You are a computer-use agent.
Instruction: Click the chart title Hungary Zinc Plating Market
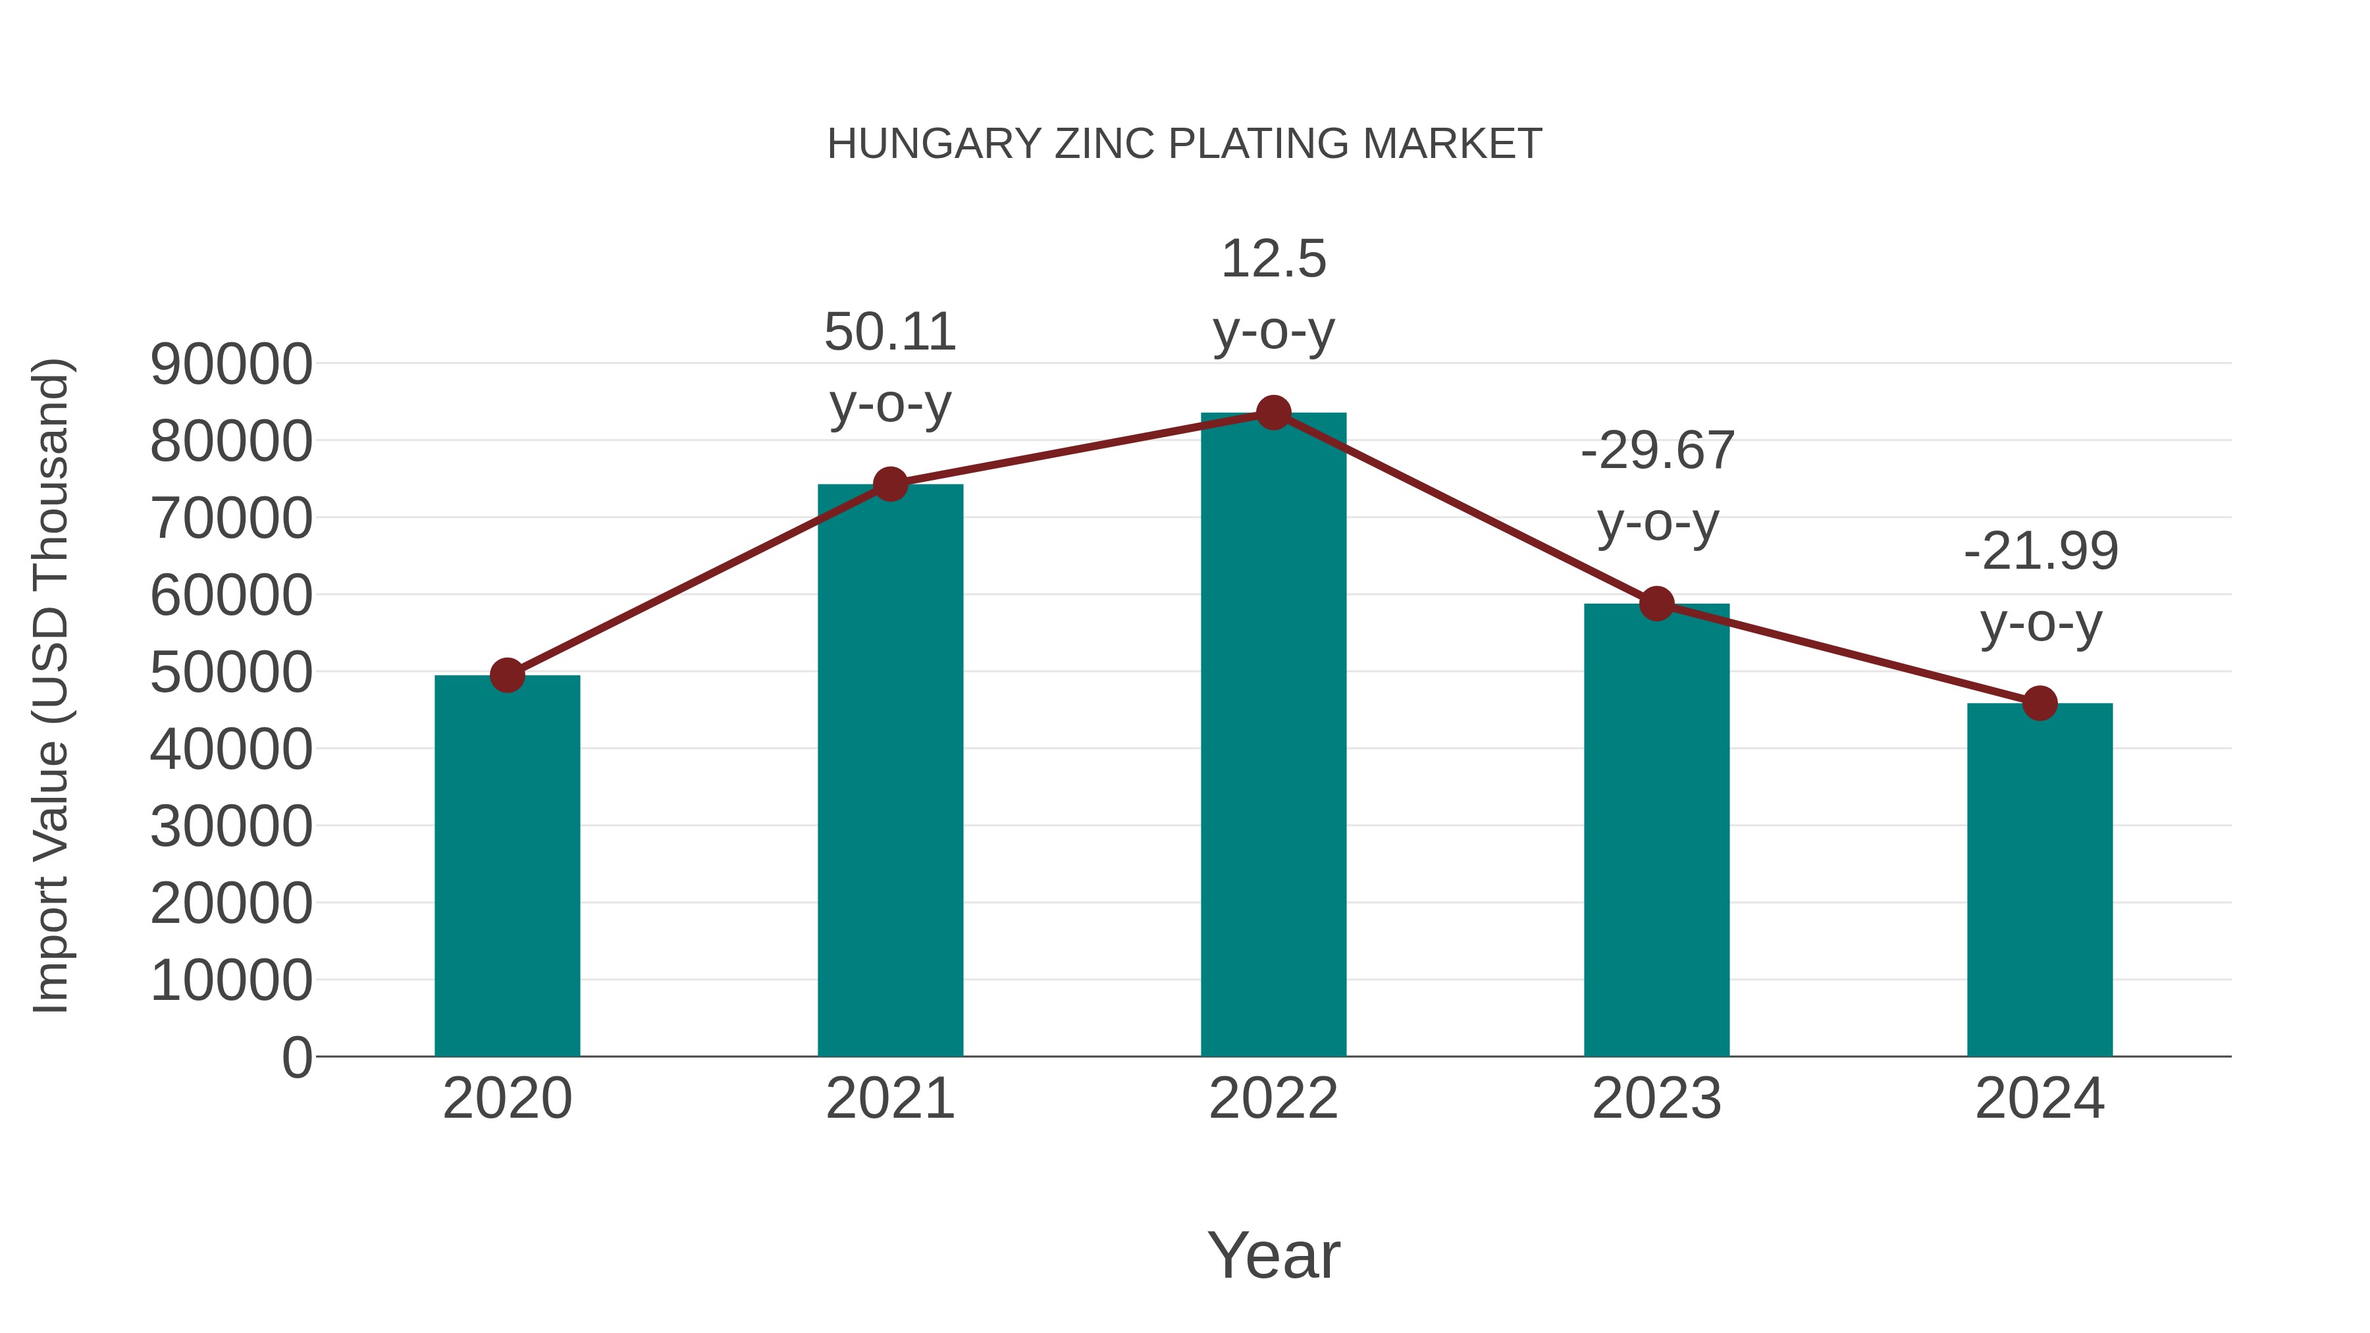[x=1184, y=144]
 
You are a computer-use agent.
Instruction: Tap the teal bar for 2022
[x=1273, y=736]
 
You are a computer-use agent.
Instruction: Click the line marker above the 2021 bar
[x=889, y=484]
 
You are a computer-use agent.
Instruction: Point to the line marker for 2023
[x=1656, y=604]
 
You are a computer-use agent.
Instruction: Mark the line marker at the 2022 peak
[x=1273, y=413]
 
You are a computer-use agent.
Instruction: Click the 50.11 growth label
[x=889, y=332]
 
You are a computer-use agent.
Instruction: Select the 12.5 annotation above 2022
[x=1273, y=259]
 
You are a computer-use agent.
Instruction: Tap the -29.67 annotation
[x=1657, y=451]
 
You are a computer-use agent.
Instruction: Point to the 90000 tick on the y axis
[x=231, y=364]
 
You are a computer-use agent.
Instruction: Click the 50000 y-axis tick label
[x=231, y=673]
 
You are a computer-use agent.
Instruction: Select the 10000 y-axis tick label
[x=231, y=981]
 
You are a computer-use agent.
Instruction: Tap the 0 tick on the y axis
[x=296, y=1058]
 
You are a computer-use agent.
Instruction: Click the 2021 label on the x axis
[x=889, y=1099]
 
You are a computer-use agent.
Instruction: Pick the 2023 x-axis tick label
[x=1656, y=1099]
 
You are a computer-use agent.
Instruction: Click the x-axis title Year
[x=1273, y=1256]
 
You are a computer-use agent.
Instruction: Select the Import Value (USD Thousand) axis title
[x=51, y=687]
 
